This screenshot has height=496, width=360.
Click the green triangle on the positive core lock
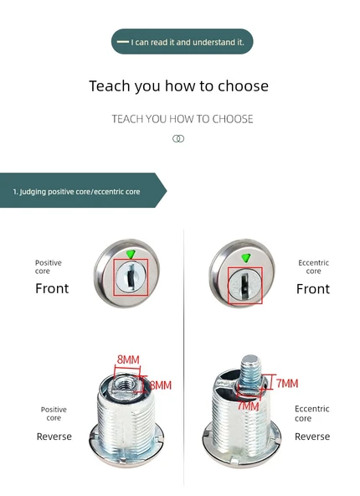coord(131,254)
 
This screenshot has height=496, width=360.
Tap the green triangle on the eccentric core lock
coord(246,258)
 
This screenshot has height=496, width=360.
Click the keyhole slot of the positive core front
coord(130,275)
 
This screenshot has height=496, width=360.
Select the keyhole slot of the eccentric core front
coord(244,284)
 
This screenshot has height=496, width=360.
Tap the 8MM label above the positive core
coord(128,359)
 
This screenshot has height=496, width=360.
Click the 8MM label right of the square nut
coord(161,385)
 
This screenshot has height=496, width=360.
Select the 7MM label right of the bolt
coord(287,384)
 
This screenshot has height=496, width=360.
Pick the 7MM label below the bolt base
coord(248,406)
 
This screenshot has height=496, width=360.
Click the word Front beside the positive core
coord(52,288)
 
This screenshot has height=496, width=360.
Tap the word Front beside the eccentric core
coord(313,289)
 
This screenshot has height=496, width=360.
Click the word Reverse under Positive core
coord(54,437)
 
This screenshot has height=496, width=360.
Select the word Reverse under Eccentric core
coord(312,437)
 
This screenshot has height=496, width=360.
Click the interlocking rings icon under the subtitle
coord(178,138)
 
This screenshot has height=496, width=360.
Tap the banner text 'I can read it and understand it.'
coord(188,42)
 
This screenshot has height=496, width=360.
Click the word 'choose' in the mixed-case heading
coord(244,85)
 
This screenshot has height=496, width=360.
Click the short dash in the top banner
coord(122,42)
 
